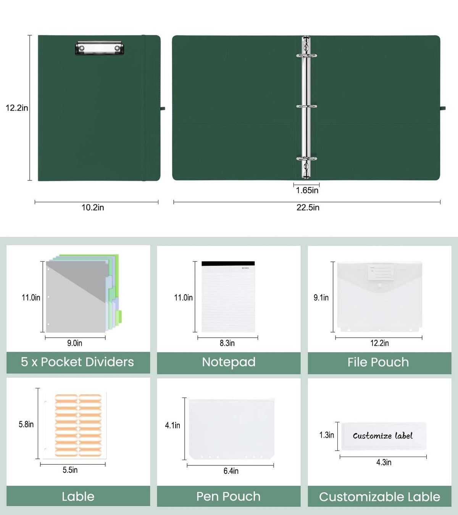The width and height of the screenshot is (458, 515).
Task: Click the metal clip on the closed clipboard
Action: coord(100,48)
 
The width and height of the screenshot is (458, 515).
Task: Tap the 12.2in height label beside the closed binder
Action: coord(17,108)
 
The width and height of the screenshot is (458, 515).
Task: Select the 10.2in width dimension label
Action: coord(93,208)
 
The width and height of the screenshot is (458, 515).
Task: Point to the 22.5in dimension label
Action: coord(308,208)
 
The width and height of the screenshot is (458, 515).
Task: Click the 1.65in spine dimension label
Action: coord(307,190)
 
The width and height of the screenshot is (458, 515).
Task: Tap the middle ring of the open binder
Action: coord(306,106)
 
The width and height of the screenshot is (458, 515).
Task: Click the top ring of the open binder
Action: coord(306,56)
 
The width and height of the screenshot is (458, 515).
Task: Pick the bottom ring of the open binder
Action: coord(306,159)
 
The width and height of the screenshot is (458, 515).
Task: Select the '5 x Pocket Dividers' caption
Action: coord(77,362)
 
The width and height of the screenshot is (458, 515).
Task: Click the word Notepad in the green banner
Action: coord(229,362)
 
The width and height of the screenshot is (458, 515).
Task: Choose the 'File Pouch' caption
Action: coord(378,362)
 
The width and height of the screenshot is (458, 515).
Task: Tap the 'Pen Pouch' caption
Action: coord(228,496)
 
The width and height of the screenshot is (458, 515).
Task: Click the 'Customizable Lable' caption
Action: coord(379,497)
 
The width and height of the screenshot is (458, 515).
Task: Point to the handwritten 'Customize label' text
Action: coord(383,436)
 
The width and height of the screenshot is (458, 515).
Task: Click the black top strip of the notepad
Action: coord(228,264)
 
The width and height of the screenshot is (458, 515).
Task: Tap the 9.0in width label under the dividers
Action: coord(74,343)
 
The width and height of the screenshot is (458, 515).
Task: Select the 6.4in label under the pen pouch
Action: coord(231,471)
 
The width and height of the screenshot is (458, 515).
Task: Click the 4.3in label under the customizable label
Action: coord(384,462)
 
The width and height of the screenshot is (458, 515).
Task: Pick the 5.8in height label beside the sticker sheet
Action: coord(26,424)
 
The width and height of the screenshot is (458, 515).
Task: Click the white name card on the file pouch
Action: coord(381,272)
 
